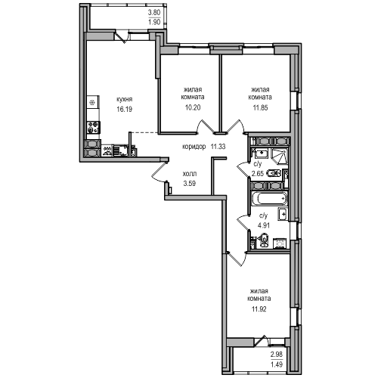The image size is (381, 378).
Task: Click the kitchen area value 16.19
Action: pos(124,110)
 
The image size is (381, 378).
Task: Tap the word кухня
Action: pos(124,100)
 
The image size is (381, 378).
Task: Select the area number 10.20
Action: pos(193,107)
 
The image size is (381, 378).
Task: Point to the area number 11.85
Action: pos(260,108)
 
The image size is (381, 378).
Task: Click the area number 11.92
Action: pos(259,309)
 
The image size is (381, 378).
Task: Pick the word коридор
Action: pos(194,147)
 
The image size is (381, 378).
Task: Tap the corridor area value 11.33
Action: pos(218,146)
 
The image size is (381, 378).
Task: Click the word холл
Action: pos(190,174)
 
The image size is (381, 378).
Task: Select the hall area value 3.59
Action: pos(190,184)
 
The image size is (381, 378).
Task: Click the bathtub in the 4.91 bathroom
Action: pos(269,199)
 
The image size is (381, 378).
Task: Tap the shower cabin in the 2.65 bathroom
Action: pos(279,156)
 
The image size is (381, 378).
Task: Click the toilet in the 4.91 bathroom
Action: pos(264,240)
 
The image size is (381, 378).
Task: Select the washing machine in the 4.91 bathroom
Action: pos(279,243)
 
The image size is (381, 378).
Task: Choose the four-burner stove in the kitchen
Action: pos(93,127)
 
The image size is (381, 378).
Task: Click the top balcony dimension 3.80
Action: pos(154,12)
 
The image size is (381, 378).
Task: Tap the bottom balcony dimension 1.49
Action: pos(277,364)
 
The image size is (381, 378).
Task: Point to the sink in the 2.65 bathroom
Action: pos(262,153)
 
